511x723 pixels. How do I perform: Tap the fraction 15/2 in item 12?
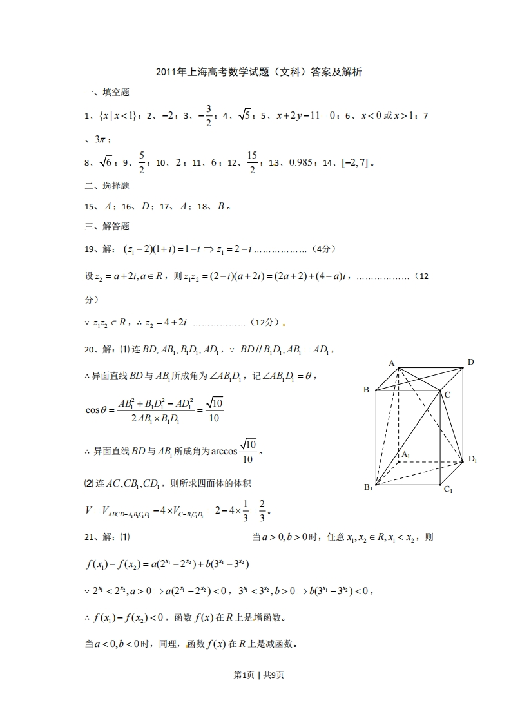coord(252,163)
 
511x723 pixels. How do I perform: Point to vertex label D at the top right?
coord(471,362)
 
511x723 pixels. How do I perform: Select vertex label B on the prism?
coord(366,390)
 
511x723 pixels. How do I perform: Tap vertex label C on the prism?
coord(447,394)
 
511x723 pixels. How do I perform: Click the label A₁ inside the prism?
coord(405,455)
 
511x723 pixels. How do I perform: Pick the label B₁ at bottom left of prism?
coord(368,487)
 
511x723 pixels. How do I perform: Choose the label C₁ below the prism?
coord(448,490)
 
